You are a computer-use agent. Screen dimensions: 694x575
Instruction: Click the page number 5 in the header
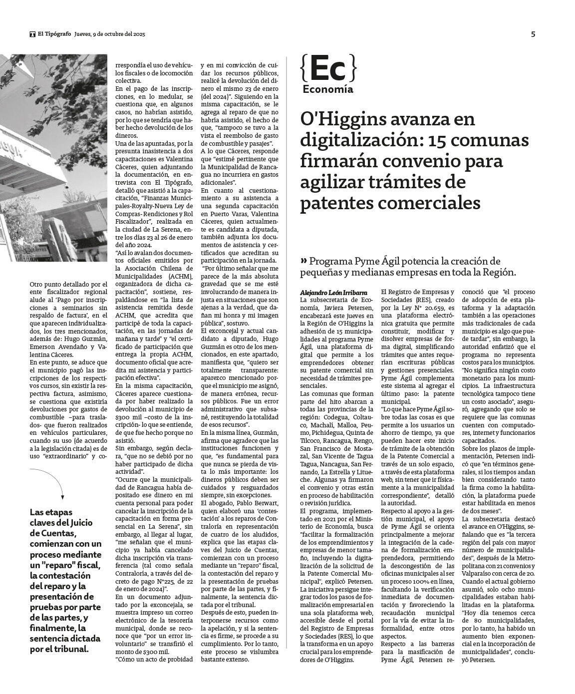coord(533,34)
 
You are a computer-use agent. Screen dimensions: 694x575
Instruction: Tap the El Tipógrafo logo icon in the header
coord(32,34)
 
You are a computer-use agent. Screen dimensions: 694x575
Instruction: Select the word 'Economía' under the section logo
coord(327,89)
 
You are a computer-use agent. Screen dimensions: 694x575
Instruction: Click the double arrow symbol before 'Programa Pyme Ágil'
coord(304,261)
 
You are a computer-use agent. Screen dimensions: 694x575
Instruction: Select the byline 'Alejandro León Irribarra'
coord(327,292)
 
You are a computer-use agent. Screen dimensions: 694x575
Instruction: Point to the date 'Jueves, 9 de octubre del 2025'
coord(109,34)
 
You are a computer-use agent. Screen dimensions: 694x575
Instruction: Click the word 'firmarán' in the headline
coord(337,162)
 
